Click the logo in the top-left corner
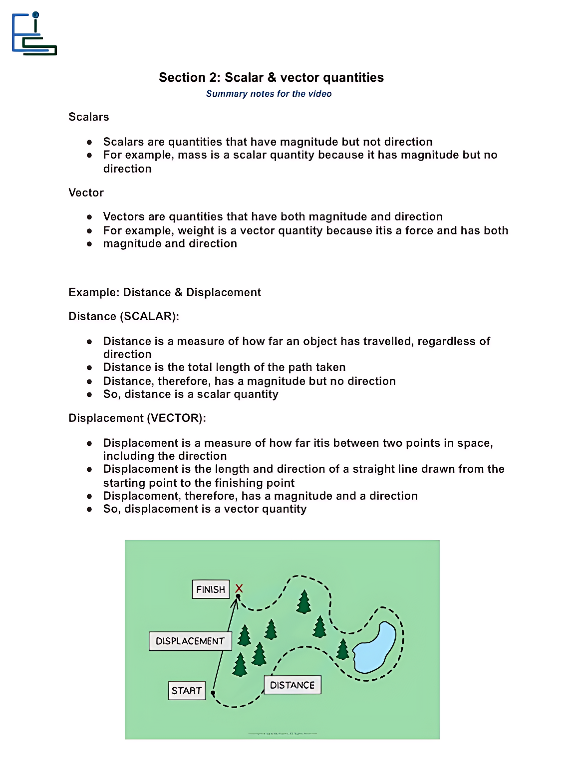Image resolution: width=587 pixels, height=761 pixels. tap(34, 34)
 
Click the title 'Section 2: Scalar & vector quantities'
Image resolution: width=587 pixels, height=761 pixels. tap(271, 77)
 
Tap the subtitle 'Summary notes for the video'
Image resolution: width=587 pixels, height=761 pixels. tap(269, 94)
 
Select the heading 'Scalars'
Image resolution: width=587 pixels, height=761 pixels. tap(89, 117)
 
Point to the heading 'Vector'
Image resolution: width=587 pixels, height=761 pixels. tap(86, 192)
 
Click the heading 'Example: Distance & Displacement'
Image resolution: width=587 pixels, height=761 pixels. tap(165, 292)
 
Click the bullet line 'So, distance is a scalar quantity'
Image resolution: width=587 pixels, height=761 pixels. tap(191, 394)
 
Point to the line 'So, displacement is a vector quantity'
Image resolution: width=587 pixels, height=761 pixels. tap(205, 509)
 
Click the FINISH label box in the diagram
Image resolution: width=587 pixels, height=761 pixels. tap(211, 589)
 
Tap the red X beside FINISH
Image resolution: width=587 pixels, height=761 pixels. tap(239, 588)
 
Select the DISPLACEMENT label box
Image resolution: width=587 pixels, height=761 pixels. tap(190, 641)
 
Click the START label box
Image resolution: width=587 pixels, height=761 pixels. tap(187, 691)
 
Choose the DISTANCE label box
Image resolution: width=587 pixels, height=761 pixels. tap(292, 685)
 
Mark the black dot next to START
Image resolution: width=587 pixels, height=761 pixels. tap(213, 693)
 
